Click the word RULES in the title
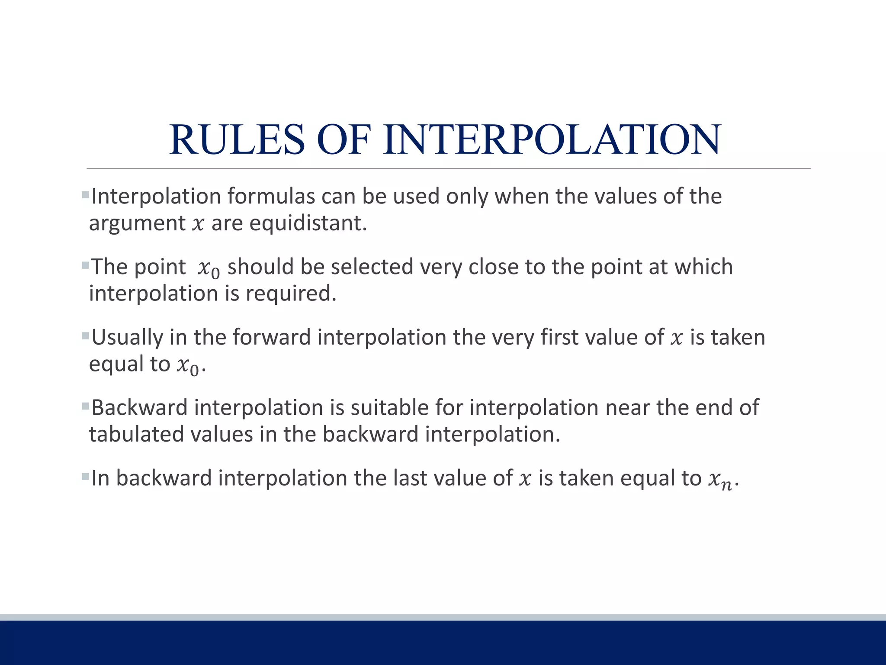click(237, 139)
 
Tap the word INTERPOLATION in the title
click(552, 139)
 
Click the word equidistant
click(308, 223)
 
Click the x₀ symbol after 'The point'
click(209, 268)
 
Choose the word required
click(291, 294)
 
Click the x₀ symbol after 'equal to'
click(187, 366)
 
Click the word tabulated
click(136, 434)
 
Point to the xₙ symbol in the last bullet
click(720, 480)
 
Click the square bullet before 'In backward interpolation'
click(85, 477)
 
